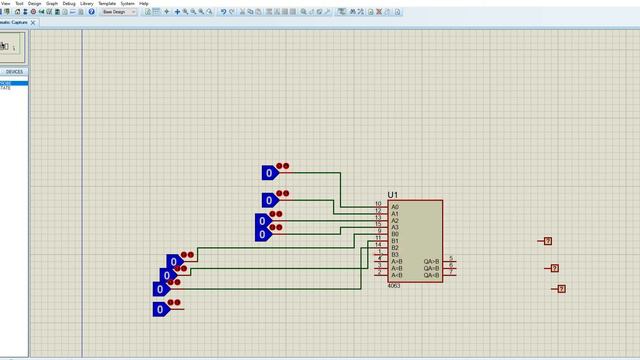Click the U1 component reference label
tap(393, 194)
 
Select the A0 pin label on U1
tap(395, 207)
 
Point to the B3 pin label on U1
tap(395, 255)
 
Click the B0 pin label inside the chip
tap(395, 234)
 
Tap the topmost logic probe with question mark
tap(547, 241)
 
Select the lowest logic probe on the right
tap(561, 289)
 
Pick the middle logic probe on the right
tap(554, 268)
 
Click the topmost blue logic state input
tap(269, 173)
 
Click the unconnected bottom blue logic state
tap(160, 310)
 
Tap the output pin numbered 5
tap(451, 259)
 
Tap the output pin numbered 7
tap(451, 272)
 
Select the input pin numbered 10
tap(379, 204)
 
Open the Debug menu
tap(68, 4)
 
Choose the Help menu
tap(143, 4)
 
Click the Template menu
tap(106, 4)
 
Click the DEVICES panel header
tap(14, 72)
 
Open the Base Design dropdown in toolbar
tap(118, 12)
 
